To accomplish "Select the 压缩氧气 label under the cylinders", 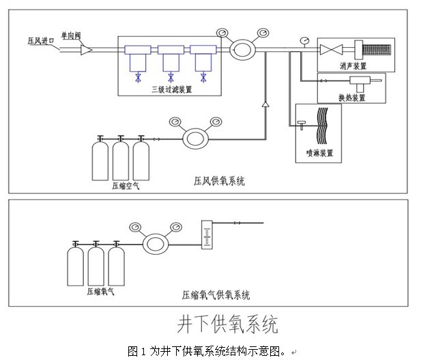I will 100,292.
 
